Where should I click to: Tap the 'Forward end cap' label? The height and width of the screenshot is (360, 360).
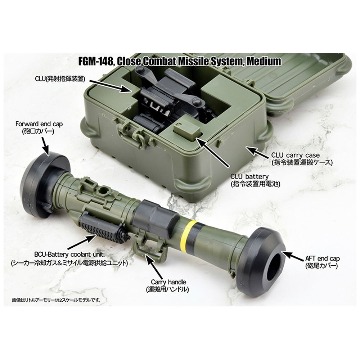pyautogui.click(x=39, y=124)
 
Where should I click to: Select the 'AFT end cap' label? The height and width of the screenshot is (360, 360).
pyautogui.click(x=322, y=258)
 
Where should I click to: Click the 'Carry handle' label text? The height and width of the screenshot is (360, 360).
pyautogui.click(x=168, y=282)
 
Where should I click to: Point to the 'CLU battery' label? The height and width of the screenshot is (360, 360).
pyautogui.click(x=249, y=176)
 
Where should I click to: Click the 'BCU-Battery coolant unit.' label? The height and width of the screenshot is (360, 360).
pyautogui.click(x=69, y=255)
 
